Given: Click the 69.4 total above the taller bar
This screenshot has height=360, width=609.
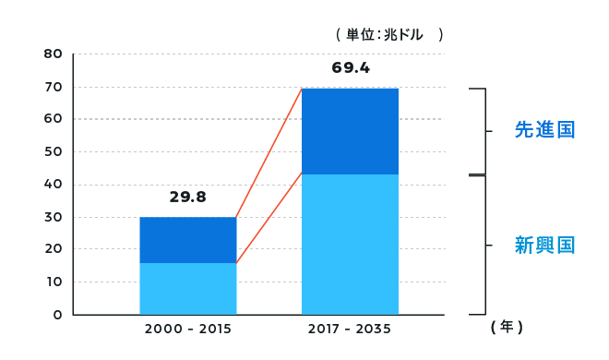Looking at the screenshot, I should [351, 68].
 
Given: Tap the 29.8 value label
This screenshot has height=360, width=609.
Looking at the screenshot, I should [187, 197].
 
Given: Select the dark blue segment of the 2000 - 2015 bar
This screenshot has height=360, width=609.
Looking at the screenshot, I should [187, 240].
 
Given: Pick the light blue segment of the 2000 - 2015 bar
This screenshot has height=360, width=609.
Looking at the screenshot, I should [187, 289].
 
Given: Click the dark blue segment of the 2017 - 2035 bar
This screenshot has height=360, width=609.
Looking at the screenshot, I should [350, 131].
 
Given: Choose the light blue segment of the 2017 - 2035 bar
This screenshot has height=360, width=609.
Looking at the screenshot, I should [350, 245].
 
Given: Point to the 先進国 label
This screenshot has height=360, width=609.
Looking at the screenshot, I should [544, 130].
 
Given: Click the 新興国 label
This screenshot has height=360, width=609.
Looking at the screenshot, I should [544, 246].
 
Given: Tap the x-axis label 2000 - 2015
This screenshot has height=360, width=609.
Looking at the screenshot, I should [187, 329].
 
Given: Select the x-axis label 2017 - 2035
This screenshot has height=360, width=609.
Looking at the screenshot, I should [350, 329].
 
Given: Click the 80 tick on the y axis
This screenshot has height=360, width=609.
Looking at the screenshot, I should [53, 54].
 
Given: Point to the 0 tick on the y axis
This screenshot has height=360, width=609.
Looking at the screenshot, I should [57, 315].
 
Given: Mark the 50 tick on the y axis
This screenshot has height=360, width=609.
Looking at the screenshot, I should [53, 151].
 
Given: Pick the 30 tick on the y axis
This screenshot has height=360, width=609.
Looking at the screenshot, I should [53, 217].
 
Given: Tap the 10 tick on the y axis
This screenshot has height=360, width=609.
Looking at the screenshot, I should [53, 282].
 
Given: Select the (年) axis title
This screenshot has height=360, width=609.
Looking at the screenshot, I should [507, 327].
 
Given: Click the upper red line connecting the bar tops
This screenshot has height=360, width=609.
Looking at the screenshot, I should [269, 152].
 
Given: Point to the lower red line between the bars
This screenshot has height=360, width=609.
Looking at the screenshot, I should [269, 218].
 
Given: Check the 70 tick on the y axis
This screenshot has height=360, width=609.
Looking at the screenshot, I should [53, 87].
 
